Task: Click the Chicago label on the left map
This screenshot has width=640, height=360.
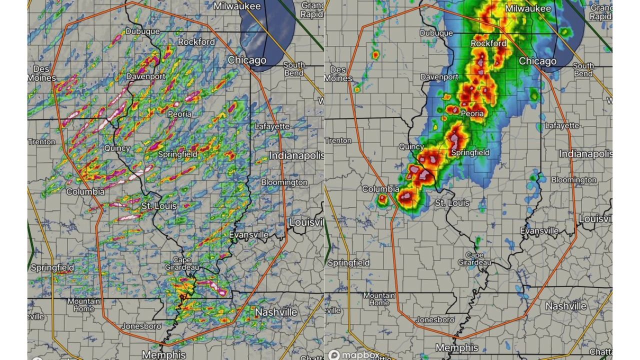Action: click(247, 60)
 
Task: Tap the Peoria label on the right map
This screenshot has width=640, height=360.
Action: click(472, 113)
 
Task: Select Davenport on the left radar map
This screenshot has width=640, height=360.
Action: click(145, 76)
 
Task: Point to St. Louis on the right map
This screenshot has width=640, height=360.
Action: click(452, 203)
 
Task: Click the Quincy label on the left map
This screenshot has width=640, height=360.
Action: click(117, 148)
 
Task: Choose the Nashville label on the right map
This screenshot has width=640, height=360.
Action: click(566, 306)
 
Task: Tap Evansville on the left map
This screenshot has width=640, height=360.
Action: click(248, 234)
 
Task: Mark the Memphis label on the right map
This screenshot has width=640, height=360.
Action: click(456, 347)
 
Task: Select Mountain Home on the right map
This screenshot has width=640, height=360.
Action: click(379, 299)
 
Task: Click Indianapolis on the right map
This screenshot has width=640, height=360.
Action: click(585, 153)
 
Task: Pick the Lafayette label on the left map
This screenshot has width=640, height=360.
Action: click(272, 126)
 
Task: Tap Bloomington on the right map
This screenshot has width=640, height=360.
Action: click(574, 179)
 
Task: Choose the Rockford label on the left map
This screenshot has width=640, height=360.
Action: click(196, 41)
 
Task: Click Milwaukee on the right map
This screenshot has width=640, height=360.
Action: click(528, 9)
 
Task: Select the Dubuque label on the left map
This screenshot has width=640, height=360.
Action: click(142, 31)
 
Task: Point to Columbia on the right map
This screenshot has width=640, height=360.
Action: click(380, 189)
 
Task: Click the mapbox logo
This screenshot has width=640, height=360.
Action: click(354, 355)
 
